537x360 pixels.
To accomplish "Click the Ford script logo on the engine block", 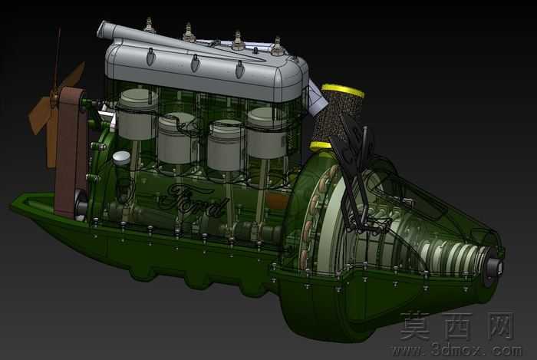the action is point(193,200).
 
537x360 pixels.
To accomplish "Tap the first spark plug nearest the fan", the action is point(149,25).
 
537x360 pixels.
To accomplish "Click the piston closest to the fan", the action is point(137,114).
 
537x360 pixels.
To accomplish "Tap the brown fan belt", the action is point(71,150).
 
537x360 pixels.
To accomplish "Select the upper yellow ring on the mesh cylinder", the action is point(342,91).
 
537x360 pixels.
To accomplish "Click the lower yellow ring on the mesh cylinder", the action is point(321,147).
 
